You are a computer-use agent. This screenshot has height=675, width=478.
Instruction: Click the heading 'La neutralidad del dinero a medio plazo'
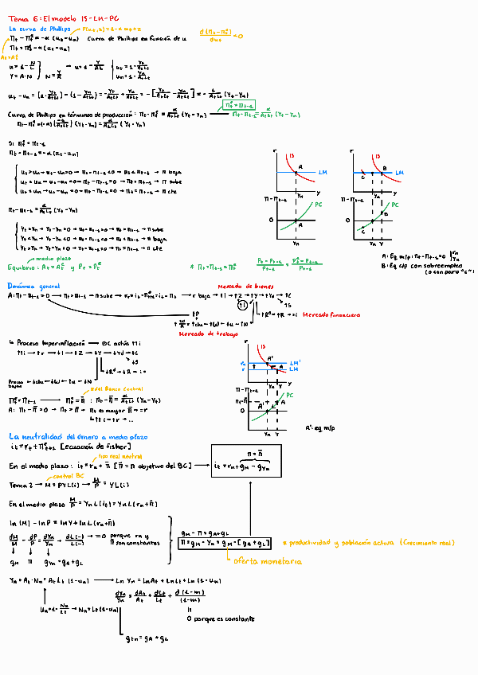click(x=78, y=437)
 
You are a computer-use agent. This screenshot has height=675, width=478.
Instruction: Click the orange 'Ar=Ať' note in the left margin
click(x=9, y=57)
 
